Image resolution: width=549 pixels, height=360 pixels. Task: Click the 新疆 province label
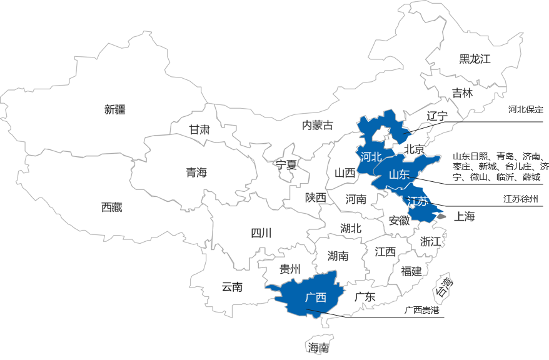pos(115,110)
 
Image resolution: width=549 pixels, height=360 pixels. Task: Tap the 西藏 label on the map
pos(112,207)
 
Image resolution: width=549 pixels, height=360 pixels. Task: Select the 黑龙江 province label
pos(475,59)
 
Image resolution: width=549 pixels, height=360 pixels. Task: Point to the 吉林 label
pos(463,93)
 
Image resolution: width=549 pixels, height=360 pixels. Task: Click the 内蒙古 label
pos(318,126)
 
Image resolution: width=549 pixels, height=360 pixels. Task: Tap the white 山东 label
pos(399,174)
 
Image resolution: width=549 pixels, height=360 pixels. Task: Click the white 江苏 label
pos(417,201)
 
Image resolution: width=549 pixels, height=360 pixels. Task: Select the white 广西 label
pos(316,297)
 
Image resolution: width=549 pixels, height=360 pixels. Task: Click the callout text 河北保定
pos(526,109)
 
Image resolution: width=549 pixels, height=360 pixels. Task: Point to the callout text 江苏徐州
pos(521,200)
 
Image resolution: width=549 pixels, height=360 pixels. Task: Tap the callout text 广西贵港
pos(421,310)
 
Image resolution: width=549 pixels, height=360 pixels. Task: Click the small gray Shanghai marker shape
pos(441,216)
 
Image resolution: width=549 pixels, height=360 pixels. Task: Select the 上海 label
pos(465,217)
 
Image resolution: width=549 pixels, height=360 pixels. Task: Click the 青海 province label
pos(196,172)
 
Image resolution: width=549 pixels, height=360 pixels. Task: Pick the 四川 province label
pos(261,234)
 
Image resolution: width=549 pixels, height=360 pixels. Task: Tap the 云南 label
pos(232,287)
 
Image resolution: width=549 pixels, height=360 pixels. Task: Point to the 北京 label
pos(414,150)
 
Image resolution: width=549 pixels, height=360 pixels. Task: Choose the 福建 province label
pos(411,271)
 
